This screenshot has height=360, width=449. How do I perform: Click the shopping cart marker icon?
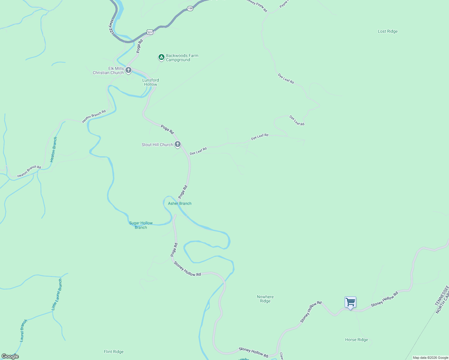(350, 302)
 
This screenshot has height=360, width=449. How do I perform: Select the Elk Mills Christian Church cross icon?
(128, 70)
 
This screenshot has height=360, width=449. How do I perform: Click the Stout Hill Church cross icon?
(178, 145)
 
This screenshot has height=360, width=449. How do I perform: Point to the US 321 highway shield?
(150, 32)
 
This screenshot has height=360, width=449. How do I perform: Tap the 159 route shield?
(190, 9)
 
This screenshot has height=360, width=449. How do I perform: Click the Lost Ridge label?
(387, 31)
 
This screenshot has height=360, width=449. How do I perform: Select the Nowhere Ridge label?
(265, 299)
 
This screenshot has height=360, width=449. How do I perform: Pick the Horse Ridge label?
(356, 340)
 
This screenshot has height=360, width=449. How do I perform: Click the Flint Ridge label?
(113, 352)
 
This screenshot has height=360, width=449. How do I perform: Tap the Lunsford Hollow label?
(150, 82)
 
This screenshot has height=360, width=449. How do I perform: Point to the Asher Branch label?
(179, 204)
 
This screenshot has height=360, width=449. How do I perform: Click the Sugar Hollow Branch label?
(141, 225)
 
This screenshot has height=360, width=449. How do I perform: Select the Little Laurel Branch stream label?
(57, 295)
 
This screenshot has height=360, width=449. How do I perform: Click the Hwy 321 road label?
(111, 27)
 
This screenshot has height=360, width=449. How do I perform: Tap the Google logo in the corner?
(10, 356)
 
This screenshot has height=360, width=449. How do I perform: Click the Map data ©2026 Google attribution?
(430, 358)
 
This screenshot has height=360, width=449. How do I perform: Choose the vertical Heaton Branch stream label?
(53, 150)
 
